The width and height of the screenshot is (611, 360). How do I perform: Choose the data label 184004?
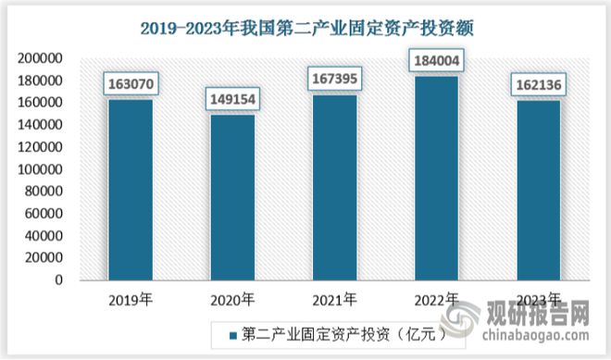coord(437,63)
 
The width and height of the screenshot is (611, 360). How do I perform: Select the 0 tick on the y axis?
coord(57,280)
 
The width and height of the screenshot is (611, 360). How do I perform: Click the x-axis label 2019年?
coord(131,300)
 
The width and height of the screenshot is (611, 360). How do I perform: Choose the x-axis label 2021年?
coord(334,300)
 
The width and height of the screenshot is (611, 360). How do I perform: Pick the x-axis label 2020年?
coord(232,300)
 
